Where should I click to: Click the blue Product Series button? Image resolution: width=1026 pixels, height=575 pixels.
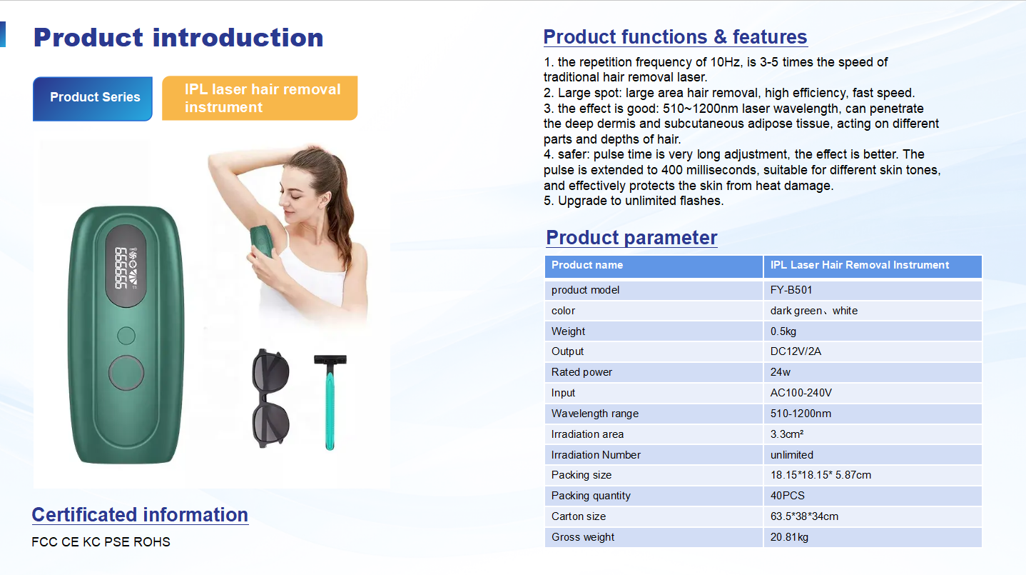(93, 99)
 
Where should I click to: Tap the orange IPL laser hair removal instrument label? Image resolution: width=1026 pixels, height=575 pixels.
(260, 98)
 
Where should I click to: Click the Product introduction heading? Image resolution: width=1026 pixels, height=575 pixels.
(178, 38)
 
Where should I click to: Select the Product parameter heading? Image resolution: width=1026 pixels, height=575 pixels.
(631, 238)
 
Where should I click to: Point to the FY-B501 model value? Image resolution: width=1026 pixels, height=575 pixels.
(791, 290)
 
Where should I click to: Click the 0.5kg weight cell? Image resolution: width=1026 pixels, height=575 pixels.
(783, 331)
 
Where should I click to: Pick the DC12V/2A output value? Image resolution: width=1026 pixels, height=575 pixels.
(796, 351)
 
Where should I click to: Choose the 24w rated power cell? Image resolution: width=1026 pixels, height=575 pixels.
(780, 372)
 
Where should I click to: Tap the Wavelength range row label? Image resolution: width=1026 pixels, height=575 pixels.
(594, 414)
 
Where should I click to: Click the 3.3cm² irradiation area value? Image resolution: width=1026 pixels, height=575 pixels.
(786, 434)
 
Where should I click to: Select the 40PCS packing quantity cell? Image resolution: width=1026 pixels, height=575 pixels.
(788, 496)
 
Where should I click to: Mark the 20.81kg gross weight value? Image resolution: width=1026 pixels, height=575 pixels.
(788, 537)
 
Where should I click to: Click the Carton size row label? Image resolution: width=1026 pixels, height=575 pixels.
(579, 516)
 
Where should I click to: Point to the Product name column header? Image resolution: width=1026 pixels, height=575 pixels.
(586, 265)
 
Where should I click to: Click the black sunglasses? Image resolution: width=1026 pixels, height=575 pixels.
(270, 399)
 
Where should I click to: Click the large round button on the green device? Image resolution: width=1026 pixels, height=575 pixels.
(126, 373)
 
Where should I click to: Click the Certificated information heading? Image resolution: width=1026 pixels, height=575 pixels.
(140, 515)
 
